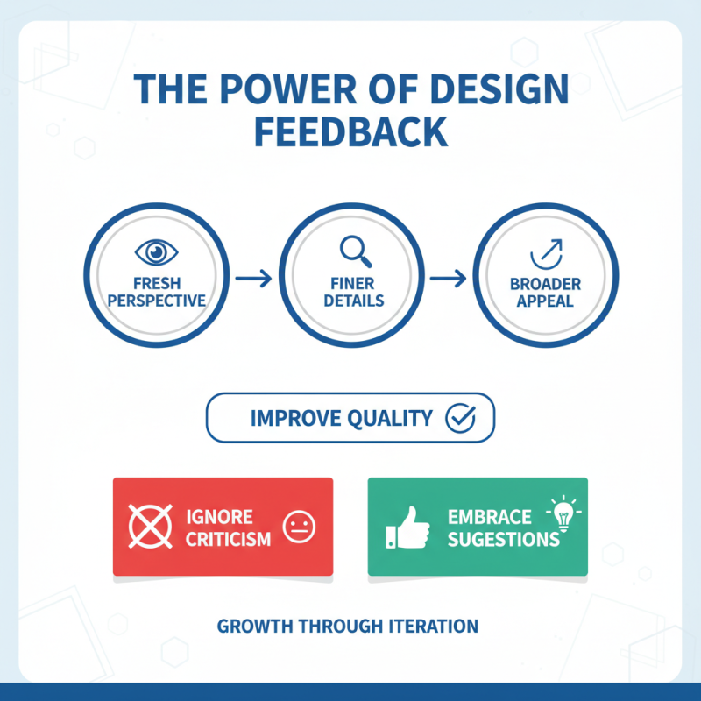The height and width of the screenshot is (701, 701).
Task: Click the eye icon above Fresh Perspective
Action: tap(157, 252)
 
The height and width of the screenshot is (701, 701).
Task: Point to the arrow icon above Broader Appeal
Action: tap(546, 253)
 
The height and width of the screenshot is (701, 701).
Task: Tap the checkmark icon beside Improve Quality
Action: tap(459, 418)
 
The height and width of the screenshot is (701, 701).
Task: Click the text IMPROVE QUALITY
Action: tap(342, 418)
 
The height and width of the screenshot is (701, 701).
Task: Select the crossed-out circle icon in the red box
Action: tap(149, 526)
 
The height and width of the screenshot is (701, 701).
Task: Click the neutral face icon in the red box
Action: tap(299, 527)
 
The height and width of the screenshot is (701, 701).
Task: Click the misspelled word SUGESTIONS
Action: tap(503, 538)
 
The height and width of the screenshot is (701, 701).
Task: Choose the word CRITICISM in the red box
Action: tap(228, 538)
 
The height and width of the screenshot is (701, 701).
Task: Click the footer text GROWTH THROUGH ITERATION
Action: tap(348, 627)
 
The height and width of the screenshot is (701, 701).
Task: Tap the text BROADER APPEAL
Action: tap(547, 292)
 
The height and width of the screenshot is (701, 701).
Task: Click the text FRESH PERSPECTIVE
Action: tap(156, 292)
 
